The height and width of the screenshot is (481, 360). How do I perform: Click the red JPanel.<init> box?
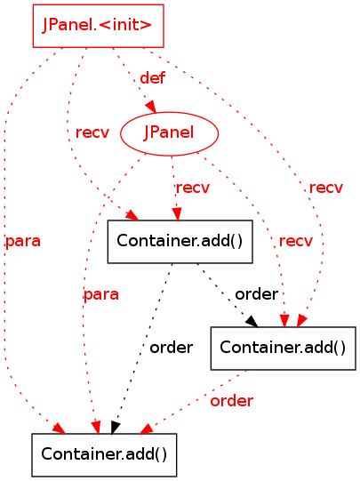(x=98, y=26)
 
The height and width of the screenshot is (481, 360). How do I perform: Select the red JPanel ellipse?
(x=169, y=133)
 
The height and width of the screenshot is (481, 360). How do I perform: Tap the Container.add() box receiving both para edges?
(x=104, y=454)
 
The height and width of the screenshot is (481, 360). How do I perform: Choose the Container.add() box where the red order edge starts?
(x=283, y=349)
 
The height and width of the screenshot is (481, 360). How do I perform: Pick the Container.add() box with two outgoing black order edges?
(x=180, y=242)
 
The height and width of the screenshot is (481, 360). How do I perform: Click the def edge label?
(x=153, y=78)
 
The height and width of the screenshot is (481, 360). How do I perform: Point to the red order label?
(x=232, y=401)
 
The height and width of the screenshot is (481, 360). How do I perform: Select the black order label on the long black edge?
(x=171, y=348)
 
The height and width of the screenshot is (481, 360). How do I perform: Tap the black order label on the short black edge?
(x=256, y=294)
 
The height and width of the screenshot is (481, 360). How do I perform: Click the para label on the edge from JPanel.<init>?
(x=23, y=242)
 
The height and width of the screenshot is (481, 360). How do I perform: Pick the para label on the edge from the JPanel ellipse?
(x=101, y=295)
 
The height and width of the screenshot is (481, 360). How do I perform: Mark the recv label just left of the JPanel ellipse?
(x=92, y=132)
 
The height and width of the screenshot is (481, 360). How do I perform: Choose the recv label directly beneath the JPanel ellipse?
(x=193, y=188)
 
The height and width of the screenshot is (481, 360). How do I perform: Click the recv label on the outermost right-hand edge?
(x=326, y=188)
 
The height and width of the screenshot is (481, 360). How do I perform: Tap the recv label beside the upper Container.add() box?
(x=296, y=241)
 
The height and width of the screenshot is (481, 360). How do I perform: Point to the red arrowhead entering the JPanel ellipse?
(x=151, y=107)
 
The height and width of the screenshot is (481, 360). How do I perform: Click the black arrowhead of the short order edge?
(x=252, y=322)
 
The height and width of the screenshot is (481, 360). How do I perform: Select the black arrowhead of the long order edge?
(x=115, y=428)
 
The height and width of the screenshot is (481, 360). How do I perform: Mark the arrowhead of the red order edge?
(x=147, y=429)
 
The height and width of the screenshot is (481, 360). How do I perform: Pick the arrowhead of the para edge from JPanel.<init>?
(x=59, y=429)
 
